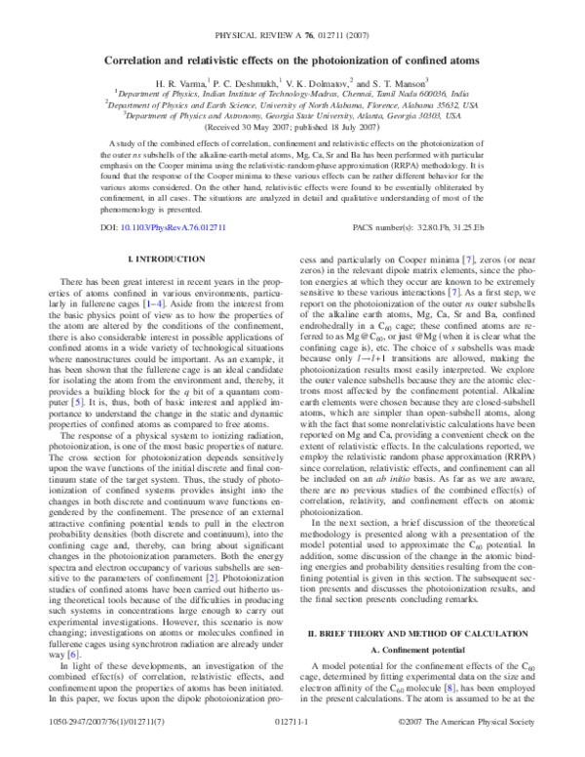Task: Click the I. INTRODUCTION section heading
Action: point(167,257)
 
